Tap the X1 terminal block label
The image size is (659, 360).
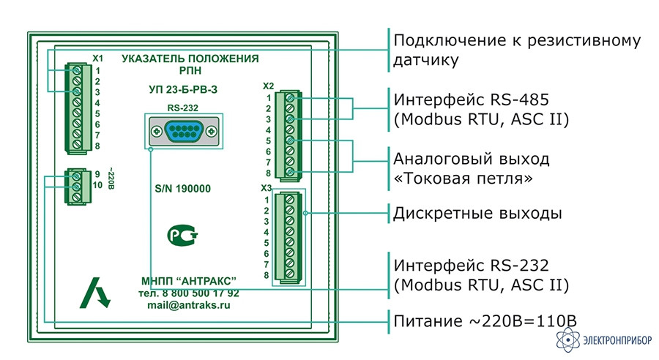pyautogui.click(x=97, y=58)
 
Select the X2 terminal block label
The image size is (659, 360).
pyautogui.click(x=268, y=86)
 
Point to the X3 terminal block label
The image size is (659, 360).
pyautogui.click(x=267, y=188)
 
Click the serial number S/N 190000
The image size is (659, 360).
pyautogui.click(x=182, y=189)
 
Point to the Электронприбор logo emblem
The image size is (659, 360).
pyautogui.click(x=567, y=339)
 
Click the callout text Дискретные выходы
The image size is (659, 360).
pyautogui.click(x=477, y=214)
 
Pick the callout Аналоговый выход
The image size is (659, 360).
pyautogui.click(x=472, y=159)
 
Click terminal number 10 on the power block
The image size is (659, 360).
pyautogui.click(x=97, y=185)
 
